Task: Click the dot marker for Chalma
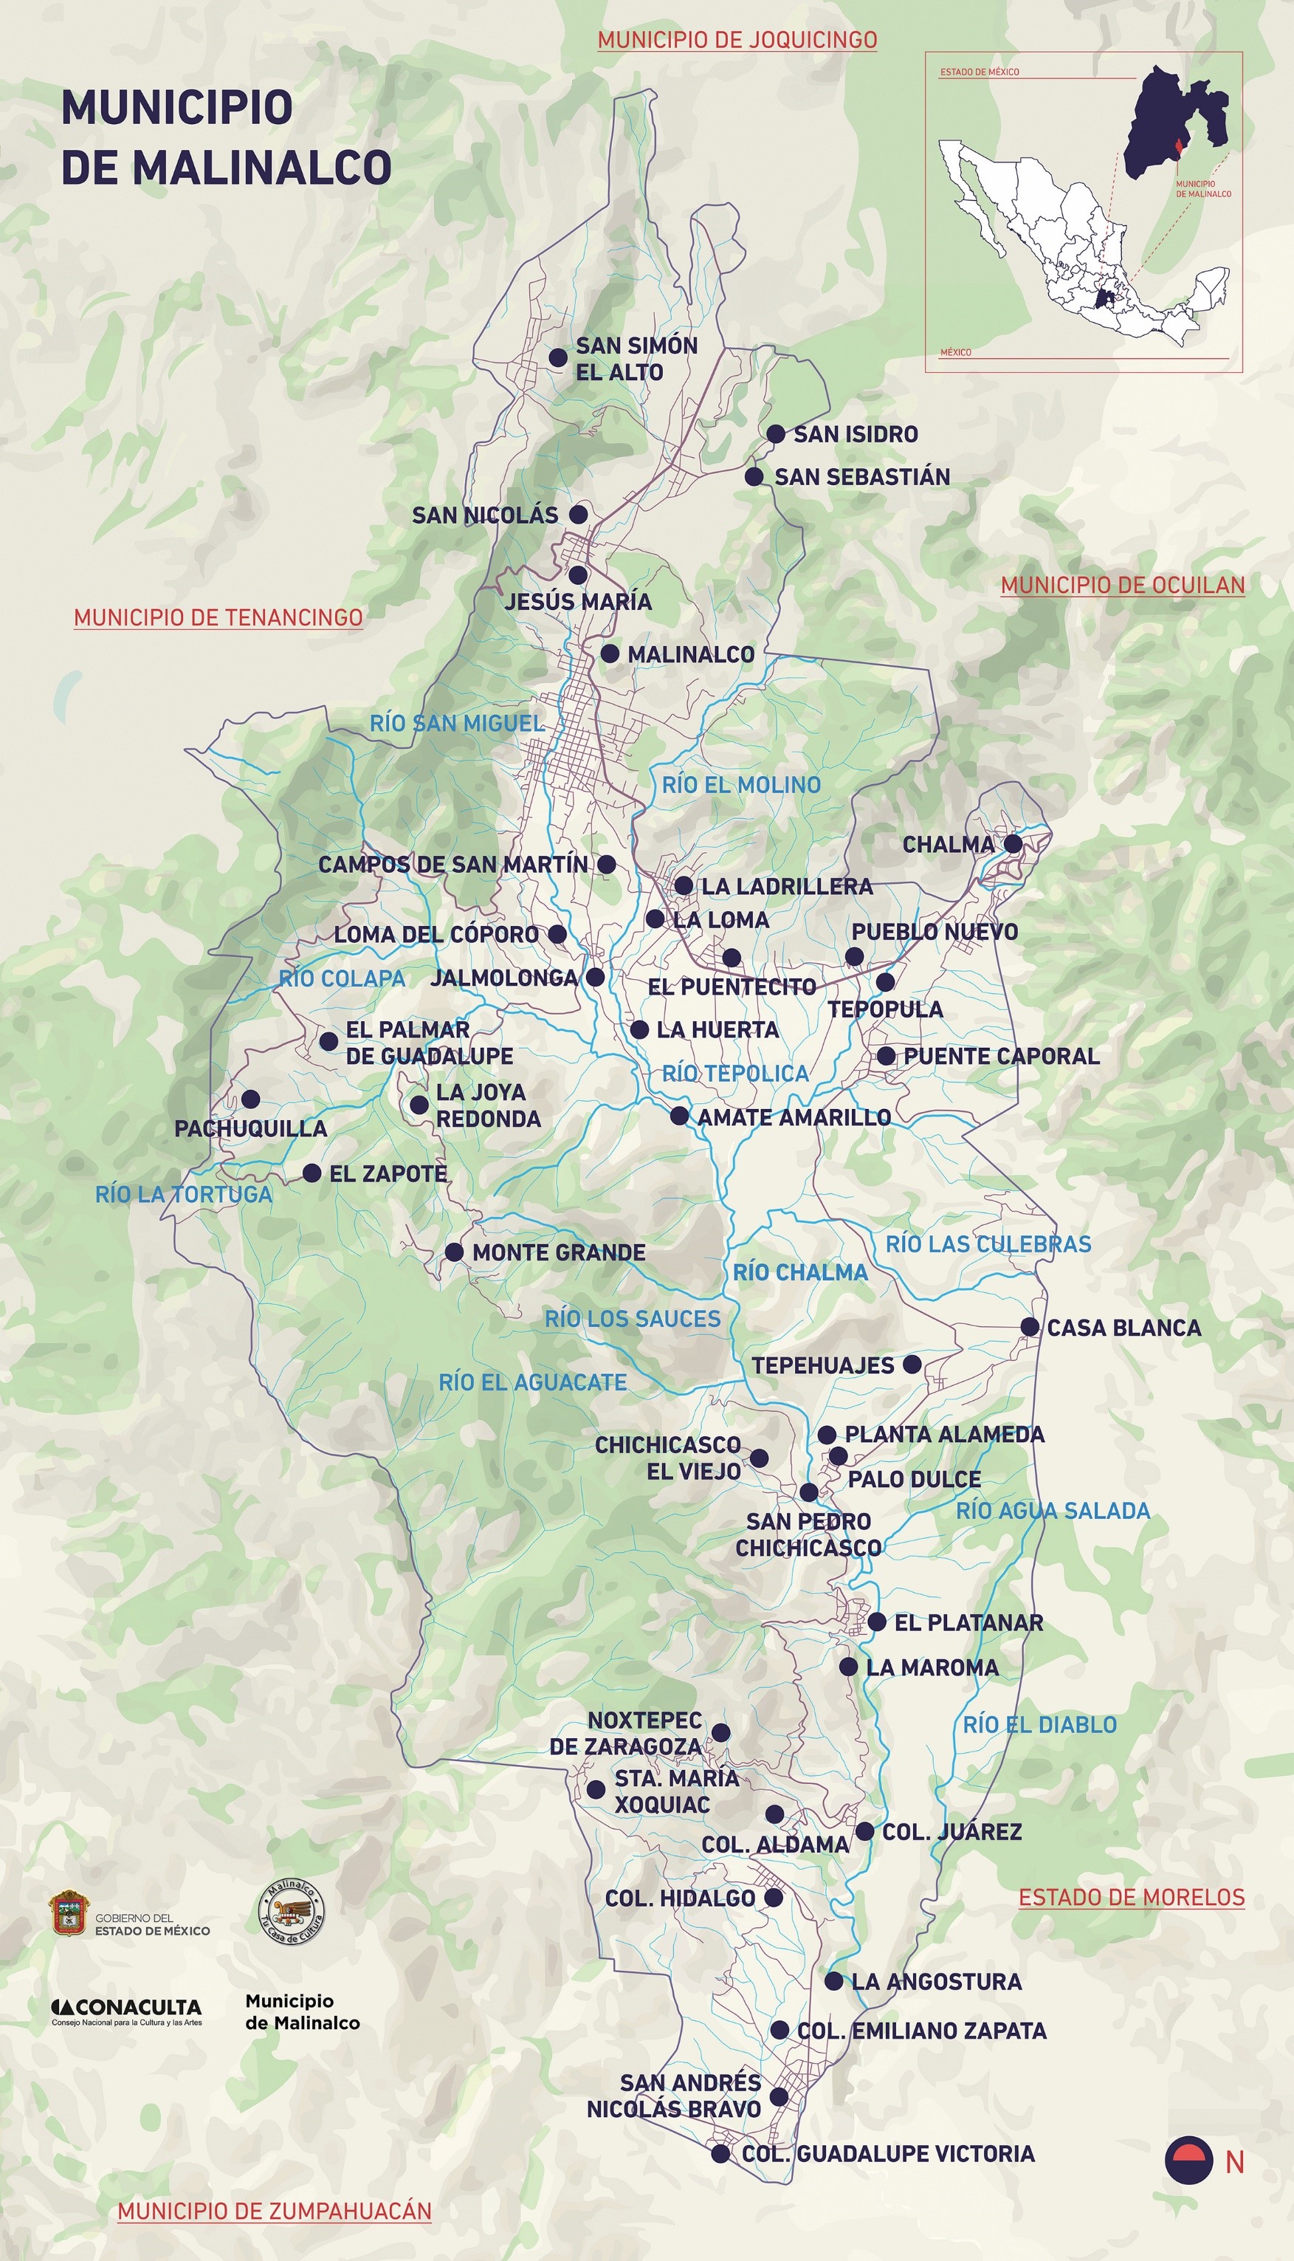[1012, 843]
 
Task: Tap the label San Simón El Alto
[636, 358]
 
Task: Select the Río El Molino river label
[741, 785]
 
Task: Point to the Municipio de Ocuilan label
[1123, 585]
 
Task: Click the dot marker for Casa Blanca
[1029, 1326]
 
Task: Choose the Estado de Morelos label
[1132, 1897]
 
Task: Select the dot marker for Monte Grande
[453, 1252]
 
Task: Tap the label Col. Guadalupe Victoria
[888, 2152]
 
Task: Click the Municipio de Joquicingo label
[737, 40]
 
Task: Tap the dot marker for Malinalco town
[610, 653]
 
